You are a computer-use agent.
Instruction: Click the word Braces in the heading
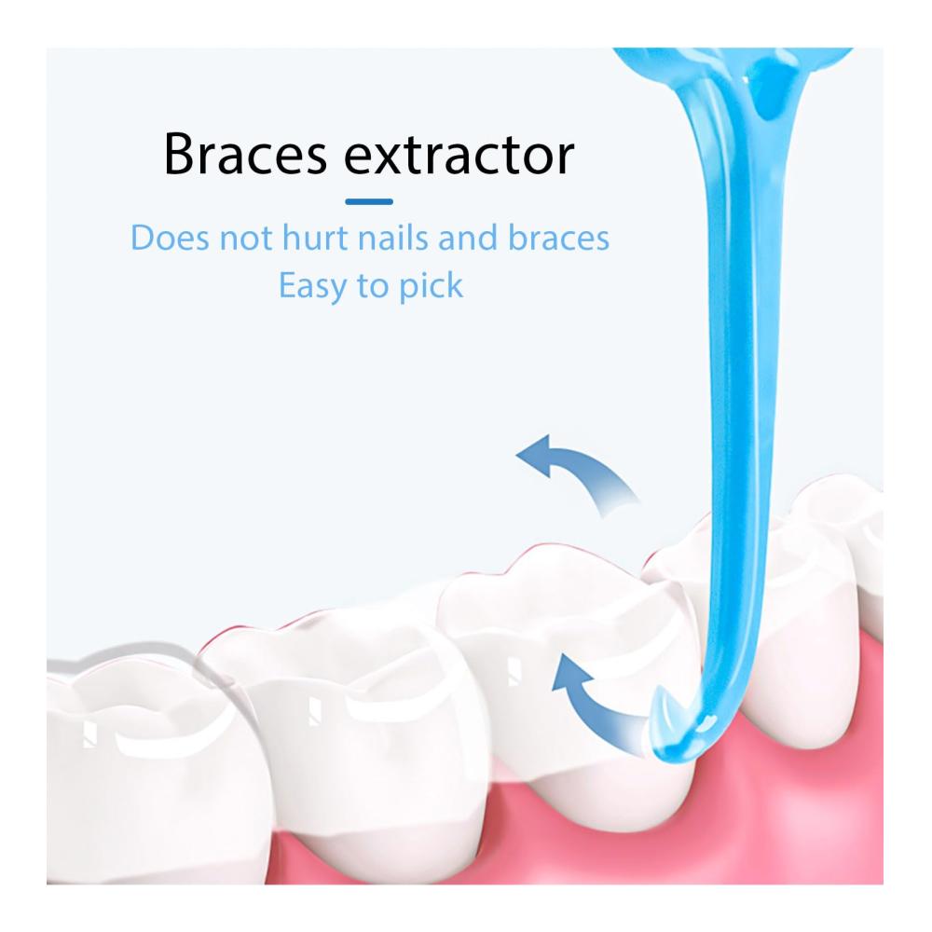245,154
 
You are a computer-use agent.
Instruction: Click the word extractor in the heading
459,156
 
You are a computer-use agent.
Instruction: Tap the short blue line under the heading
369,201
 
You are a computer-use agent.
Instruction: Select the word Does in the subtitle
170,238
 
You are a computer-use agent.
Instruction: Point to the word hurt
315,238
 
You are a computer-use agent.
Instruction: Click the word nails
393,237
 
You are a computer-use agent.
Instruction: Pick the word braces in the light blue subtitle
558,238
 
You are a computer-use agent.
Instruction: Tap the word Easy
312,286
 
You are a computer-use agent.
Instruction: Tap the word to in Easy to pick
372,287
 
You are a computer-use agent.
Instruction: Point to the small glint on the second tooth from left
315,711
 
